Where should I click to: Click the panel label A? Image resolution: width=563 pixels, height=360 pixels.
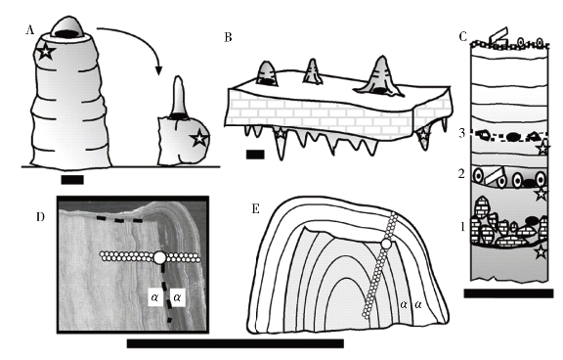coord(29,30)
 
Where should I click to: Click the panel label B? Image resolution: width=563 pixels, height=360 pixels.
coord(228,37)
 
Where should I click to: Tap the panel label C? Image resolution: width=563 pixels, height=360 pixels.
coord(463,36)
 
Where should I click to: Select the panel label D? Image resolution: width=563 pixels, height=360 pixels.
coord(41,216)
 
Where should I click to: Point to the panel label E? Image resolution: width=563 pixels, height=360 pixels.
coord(256,208)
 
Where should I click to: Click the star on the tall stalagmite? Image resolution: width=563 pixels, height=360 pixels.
coord(46,52)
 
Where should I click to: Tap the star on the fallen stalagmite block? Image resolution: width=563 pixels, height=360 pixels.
coord(199,138)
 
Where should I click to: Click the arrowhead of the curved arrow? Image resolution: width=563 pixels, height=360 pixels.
coord(158,70)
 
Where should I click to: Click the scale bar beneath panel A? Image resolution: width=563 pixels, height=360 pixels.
coord(72,180)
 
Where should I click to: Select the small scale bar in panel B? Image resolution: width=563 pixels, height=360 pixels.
coord(255,155)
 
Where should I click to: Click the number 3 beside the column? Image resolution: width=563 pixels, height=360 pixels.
coord(461,133)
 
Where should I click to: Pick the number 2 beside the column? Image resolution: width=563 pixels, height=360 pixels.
coord(461,174)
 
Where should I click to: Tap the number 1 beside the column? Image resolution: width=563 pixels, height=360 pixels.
coord(462,227)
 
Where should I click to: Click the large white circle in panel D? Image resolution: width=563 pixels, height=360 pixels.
coord(159,257)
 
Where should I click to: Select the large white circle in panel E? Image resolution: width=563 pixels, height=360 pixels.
coord(386,244)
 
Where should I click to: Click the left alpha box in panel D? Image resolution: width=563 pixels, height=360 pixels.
coord(155,297)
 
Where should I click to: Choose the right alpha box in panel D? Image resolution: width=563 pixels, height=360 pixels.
coord(177,297)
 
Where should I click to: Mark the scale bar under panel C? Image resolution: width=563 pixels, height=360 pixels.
coord(508,293)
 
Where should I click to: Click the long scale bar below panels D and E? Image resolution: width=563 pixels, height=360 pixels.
coord(236,343)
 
